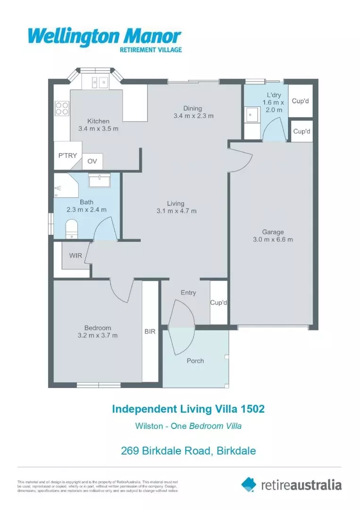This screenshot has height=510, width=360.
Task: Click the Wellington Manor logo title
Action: [x=104, y=36]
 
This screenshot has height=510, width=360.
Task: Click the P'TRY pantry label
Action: [x=67, y=155]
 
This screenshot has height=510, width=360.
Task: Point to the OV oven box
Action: [x=92, y=161]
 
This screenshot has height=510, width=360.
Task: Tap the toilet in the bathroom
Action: [x=71, y=229]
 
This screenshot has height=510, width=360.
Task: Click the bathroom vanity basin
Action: [x=99, y=180]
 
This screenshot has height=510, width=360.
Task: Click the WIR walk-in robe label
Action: [x=75, y=255]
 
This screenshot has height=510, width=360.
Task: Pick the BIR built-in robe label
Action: [x=150, y=331]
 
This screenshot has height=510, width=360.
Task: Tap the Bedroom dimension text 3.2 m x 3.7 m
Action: [x=98, y=335]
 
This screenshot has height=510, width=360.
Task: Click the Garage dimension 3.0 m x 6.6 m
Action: [x=273, y=239]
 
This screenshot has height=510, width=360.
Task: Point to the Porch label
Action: [x=195, y=361]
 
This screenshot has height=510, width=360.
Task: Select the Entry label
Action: [x=188, y=293]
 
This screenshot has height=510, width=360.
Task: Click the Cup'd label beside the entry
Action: [x=218, y=303]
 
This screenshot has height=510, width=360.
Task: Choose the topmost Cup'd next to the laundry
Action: [x=300, y=101]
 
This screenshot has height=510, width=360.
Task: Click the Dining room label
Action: [x=193, y=108]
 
